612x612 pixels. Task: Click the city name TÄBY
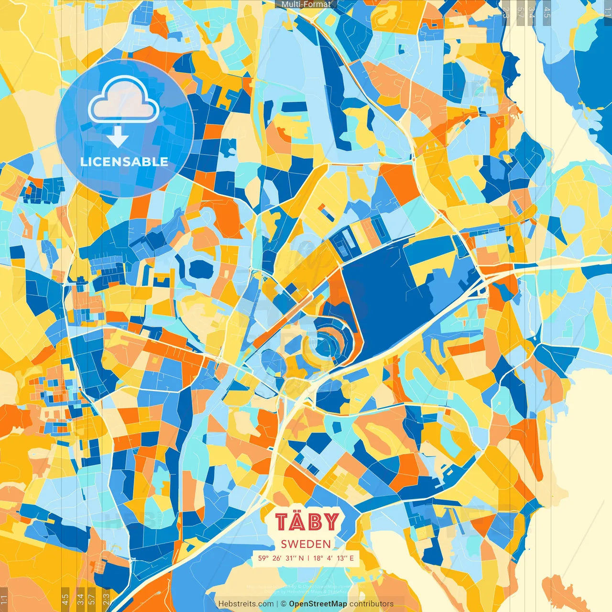(307, 522)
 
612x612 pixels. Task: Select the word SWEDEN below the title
(306, 544)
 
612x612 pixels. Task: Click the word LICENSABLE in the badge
(124, 162)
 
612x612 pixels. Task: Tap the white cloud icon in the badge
(124, 99)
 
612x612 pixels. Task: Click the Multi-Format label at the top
(306, 4)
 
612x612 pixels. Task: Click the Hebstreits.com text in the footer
(246, 604)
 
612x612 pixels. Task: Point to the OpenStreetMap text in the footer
(318, 604)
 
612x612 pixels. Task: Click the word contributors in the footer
(372, 604)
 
